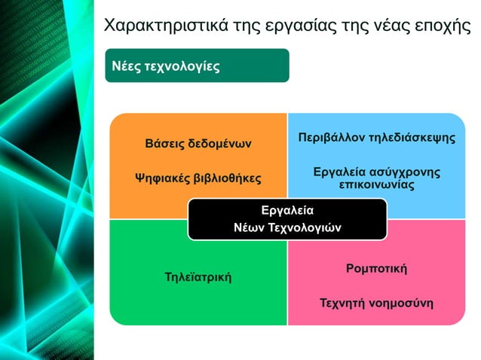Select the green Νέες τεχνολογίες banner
point(197,66)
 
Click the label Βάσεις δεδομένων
point(198,143)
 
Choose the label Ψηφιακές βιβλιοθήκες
point(198,178)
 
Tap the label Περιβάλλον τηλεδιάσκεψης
point(376,139)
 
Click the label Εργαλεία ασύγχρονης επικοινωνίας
point(376,178)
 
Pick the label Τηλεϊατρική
point(198,278)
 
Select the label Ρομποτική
point(376,267)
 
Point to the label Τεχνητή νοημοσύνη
point(376,304)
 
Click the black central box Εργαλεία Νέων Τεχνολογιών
point(286,218)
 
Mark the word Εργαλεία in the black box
point(286,210)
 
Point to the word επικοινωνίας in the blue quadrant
point(376,185)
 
